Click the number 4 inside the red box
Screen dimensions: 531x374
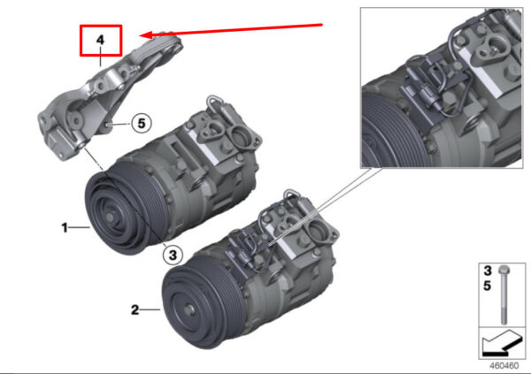point(100,40)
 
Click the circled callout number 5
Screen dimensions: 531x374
point(142,123)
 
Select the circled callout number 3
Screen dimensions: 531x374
point(173,255)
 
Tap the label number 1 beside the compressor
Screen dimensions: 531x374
point(65,227)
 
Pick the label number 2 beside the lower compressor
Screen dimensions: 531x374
point(135,309)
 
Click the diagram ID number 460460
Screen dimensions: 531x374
point(504,366)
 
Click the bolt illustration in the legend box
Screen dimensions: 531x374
point(504,294)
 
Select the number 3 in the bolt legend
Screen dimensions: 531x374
point(488,271)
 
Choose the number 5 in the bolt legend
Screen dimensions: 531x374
point(488,286)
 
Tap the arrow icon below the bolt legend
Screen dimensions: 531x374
point(501,344)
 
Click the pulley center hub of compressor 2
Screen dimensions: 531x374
point(189,309)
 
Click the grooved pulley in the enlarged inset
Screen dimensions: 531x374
point(393,132)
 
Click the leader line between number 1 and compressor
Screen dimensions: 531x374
point(80,227)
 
